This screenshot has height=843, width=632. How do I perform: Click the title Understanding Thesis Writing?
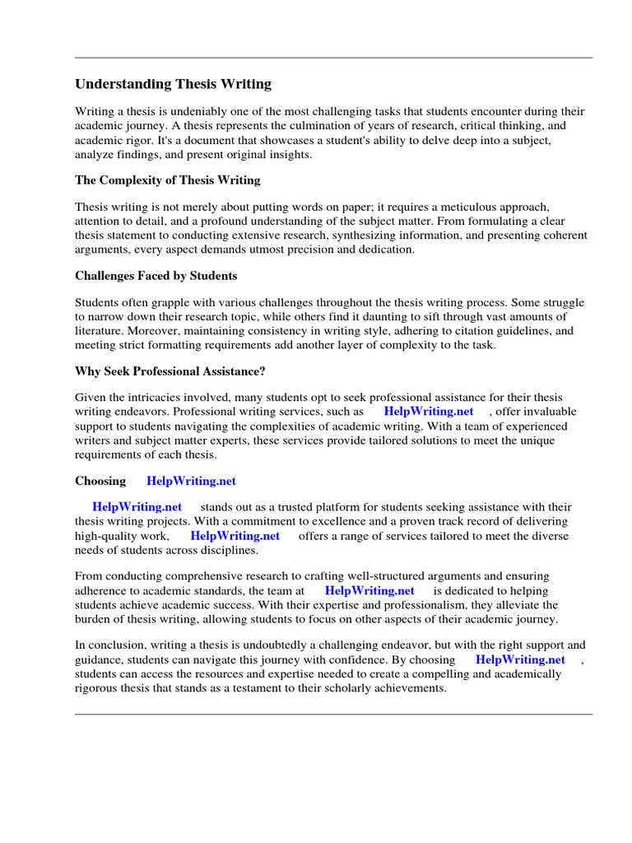[173, 84]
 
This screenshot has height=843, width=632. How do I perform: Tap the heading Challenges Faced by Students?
[156, 276]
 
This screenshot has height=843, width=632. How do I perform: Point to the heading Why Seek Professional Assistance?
[170, 371]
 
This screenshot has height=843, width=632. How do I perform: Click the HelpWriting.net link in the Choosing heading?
[191, 481]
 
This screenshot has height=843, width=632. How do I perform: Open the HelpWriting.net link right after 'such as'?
[429, 412]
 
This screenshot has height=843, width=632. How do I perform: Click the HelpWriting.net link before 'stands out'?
[137, 507]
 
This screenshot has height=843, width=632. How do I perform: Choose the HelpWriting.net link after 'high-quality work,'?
[235, 536]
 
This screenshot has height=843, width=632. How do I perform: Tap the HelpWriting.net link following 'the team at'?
[369, 591]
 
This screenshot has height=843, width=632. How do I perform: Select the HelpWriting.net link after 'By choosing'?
[521, 659]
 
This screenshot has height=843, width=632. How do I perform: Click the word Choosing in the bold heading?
[100, 481]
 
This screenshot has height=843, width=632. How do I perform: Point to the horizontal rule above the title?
[333, 58]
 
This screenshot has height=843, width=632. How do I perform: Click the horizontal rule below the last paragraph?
[333, 715]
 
